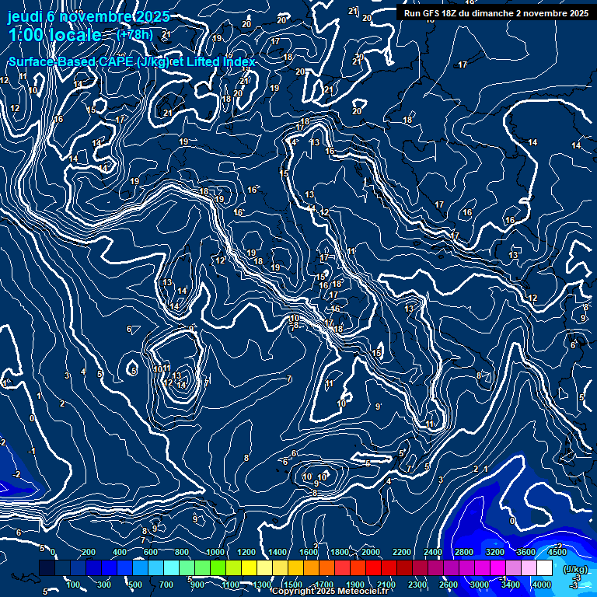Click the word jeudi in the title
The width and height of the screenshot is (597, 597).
30,16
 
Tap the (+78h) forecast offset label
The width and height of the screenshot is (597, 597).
134,34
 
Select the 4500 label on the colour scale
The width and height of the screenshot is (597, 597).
557,552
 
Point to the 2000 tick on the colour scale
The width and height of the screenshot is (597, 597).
371,552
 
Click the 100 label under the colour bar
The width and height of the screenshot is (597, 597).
74,585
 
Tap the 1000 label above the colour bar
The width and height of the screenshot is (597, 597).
214,552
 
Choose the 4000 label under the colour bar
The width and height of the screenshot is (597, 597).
542,585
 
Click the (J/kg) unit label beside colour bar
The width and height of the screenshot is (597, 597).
574,570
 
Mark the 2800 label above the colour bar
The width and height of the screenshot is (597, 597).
463,552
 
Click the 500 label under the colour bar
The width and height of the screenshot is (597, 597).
136,585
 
